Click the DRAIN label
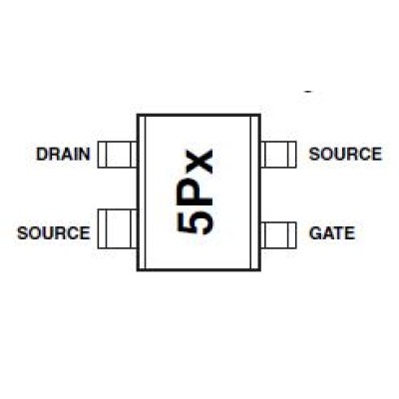click(x=63, y=155)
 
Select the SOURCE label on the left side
click(x=54, y=232)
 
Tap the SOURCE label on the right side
click(x=345, y=154)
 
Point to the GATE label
click(x=332, y=232)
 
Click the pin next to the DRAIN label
click(x=118, y=155)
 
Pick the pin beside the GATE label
click(x=278, y=234)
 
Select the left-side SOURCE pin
click(x=118, y=229)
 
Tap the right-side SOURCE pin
click(x=278, y=155)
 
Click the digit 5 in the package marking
click(x=195, y=222)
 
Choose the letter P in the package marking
click(x=195, y=193)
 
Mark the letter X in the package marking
click(x=195, y=162)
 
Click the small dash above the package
click(x=309, y=91)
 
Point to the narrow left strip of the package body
click(x=142, y=193)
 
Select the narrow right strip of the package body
click(x=256, y=193)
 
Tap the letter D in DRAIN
click(x=41, y=155)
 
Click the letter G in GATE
click(x=315, y=232)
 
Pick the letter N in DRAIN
click(x=85, y=155)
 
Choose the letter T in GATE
click(x=338, y=232)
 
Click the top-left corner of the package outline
click(x=138, y=115)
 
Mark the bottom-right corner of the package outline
click(x=260, y=270)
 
